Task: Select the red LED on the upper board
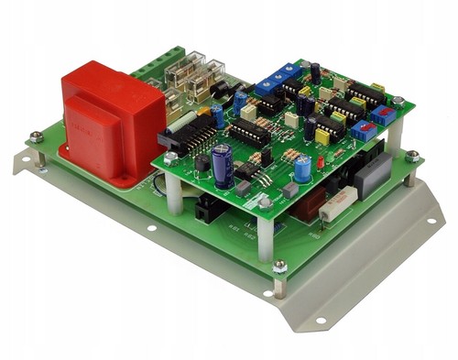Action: [x=321, y=163]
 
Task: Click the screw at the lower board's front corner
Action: [x=279, y=267]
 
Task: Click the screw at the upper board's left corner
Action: [x=171, y=157]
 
